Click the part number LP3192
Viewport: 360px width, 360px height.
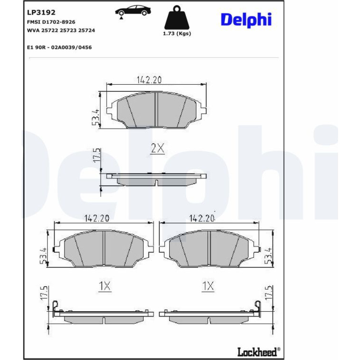tap(41, 12)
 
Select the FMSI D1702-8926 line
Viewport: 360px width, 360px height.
tap(51, 22)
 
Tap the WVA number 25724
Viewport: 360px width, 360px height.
tap(86, 30)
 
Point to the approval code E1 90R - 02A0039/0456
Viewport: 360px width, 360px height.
tap(59, 48)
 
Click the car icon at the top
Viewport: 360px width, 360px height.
tap(133, 11)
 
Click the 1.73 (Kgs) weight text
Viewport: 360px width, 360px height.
tap(177, 33)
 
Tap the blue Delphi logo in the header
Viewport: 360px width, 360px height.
tap(246, 20)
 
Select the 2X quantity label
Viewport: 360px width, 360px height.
tap(158, 148)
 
